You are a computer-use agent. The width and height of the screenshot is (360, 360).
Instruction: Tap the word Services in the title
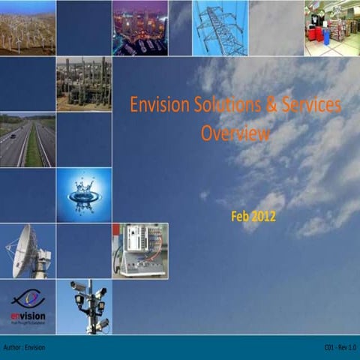pos(309,106)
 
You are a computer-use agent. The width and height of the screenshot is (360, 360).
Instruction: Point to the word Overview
pos(235,135)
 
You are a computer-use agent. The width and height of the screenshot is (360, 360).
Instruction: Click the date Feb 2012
pos(254,217)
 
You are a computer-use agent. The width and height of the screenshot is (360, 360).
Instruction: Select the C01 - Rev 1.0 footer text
pos(340,348)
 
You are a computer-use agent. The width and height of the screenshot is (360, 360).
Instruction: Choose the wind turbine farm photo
pos(28,28)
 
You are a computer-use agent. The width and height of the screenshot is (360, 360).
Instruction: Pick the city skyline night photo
pos(140,28)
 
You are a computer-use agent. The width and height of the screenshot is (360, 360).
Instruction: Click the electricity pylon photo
pos(220,28)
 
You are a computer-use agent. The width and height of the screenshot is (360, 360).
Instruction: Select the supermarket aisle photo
pos(331,28)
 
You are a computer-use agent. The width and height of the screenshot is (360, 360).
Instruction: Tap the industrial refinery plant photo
pos(84,84)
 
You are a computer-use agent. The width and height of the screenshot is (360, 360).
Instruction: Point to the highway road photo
pos(28,139)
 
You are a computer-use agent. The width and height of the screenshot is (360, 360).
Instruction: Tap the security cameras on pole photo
pos(84,306)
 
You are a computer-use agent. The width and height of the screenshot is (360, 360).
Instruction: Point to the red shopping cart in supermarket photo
pos(313,34)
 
